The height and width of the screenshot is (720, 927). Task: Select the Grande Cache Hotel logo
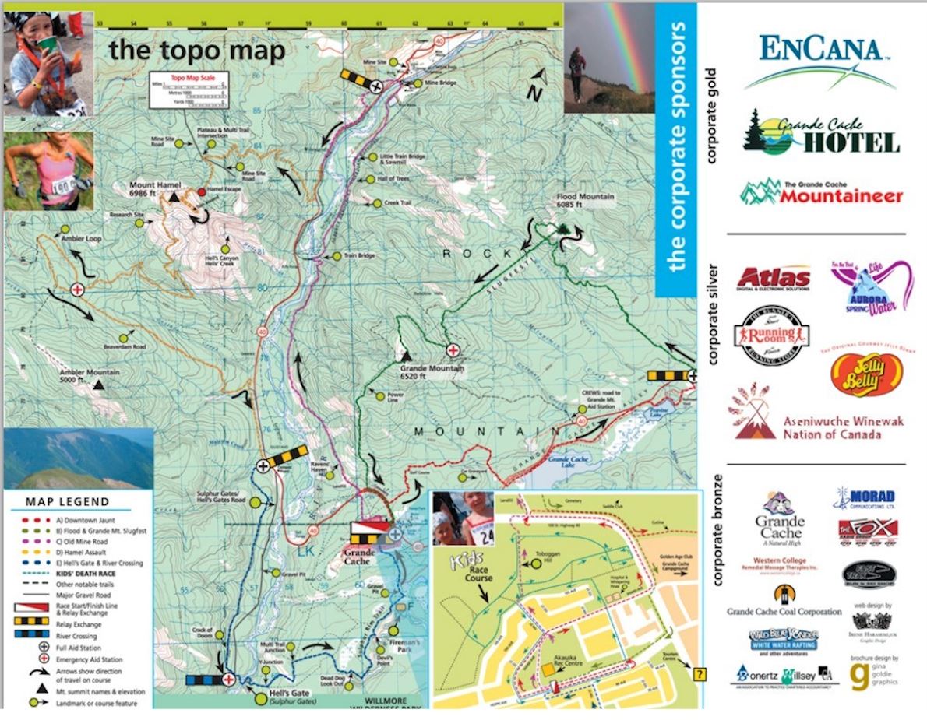click(821, 133)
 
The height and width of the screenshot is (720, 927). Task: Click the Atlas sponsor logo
click(774, 278)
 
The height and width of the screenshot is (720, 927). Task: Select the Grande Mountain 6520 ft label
click(432, 371)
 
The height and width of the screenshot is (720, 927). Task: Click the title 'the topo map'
click(196, 50)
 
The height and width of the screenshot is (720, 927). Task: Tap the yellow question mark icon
click(698, 674)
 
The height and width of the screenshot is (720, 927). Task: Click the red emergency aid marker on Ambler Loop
click(77, 289)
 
